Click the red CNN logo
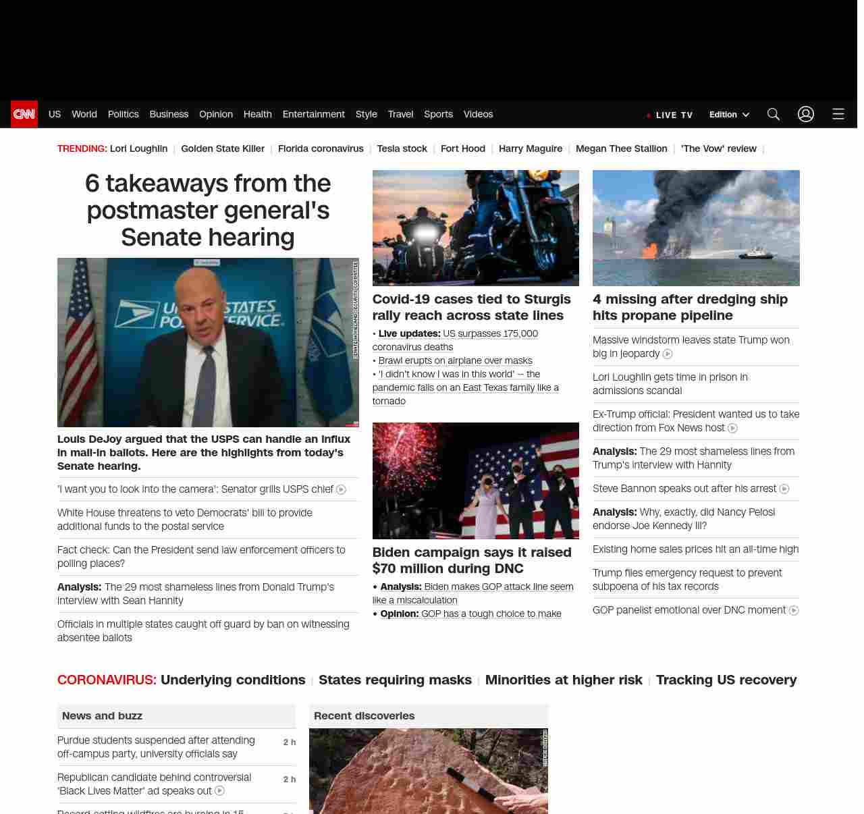click(24, 114)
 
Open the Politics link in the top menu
click(123, 114)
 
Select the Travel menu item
click(400, 114)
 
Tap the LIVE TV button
click(670, 115)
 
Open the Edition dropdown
click(729, 114)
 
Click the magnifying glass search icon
click(774, 114)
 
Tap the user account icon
click(806, 114)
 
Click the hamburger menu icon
click(838, 114)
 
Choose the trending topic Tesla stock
click(402, 148)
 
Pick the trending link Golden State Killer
click(223, 148)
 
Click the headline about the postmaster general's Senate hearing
click(208, 210)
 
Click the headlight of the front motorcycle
click(425, 234)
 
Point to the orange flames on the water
click(649, 251)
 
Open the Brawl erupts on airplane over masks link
click(455, 360)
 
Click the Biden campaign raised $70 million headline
click(472, 560)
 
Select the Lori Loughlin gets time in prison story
click(670, 383)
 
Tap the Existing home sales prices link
click(695, 549)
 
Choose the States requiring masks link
click(395, 680)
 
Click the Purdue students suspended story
click(156, 747)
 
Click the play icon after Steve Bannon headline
click(784, 489)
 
